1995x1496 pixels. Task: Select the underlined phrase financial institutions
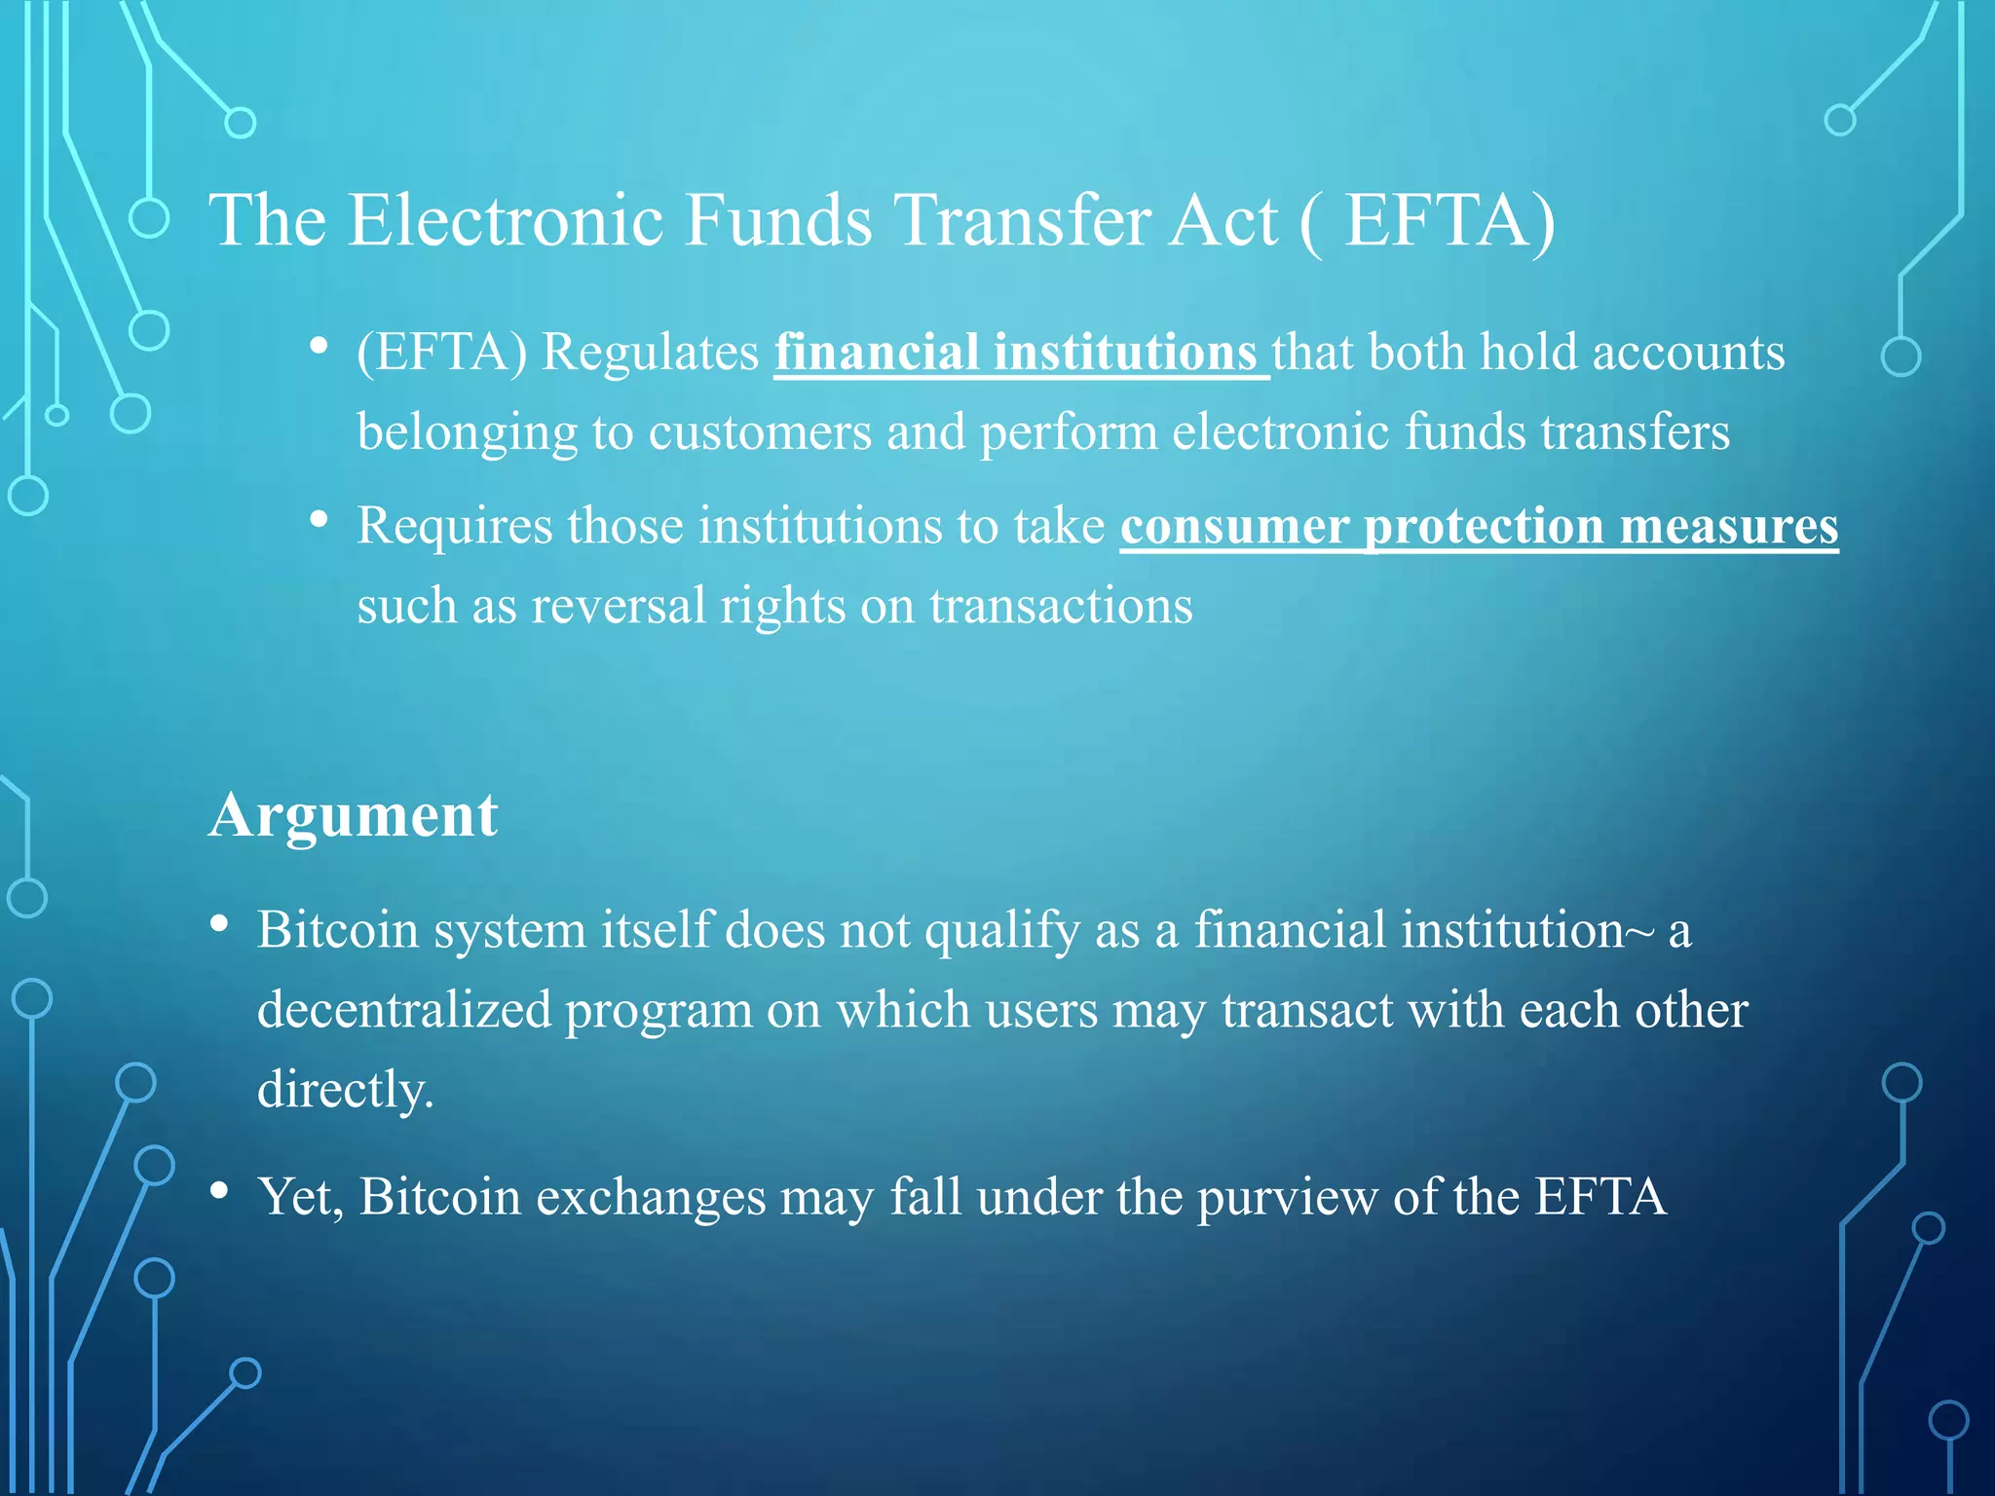tap(1017, 353)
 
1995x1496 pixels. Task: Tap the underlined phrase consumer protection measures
tap(1479, 527)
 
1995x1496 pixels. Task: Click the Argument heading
tap(354, 815)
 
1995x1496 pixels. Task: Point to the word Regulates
tap(650, 353)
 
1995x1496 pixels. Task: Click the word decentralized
tap(404, 1010)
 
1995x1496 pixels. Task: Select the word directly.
tap(345, 1090)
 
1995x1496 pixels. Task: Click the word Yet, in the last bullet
tap(300, 1197)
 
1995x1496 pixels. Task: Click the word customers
tap(760, 432)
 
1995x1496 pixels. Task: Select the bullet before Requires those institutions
tap(318, 521)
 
